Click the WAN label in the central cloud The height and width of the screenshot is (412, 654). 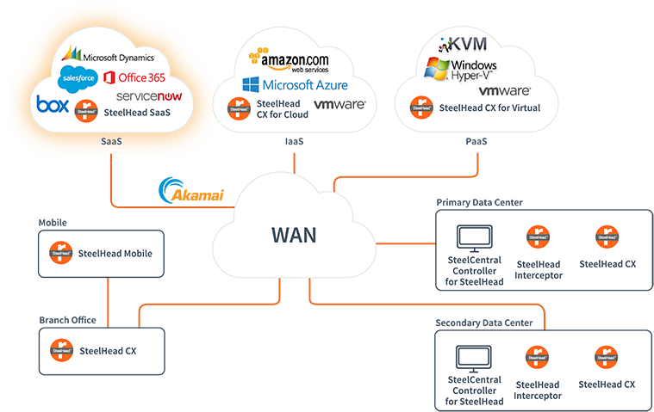coord(294,235)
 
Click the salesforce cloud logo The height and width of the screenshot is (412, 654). coord(78,79)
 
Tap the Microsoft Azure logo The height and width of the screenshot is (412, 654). coord(295,84)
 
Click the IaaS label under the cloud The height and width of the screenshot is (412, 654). coord(294,141)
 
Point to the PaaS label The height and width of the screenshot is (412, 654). coord(474,141)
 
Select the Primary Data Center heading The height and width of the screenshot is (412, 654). coord(479,203)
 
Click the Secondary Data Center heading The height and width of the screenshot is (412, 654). coord(483,323)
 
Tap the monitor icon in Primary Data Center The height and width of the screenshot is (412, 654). coord(474,237)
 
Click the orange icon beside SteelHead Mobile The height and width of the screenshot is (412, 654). coord(60,253)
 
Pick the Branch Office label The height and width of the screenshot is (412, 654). coord(67,320)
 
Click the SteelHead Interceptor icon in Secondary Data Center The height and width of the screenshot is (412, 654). coord(539,357)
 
